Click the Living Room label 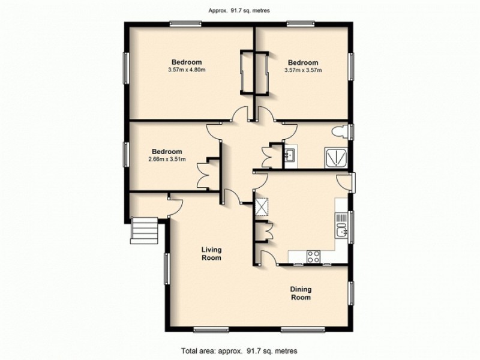point(211,254)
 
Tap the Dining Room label point(301,293)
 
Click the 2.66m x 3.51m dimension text point(166,160)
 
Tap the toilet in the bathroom point(340,131)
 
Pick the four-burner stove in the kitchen point(313,257)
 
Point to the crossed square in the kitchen point(262,207)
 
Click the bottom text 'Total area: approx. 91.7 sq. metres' point(240,350)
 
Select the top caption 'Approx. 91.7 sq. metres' point(239,9)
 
